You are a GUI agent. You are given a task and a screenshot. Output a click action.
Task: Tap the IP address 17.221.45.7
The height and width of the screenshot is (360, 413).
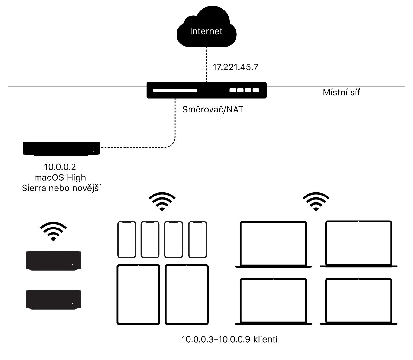(x=235, y=67)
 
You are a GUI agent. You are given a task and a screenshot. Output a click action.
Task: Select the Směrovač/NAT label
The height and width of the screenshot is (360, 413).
(x=213, y=110)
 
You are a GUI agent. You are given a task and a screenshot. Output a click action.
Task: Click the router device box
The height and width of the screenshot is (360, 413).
(x=206, y=90)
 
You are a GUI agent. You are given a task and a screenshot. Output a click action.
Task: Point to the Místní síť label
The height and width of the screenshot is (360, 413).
(x=341, y=93)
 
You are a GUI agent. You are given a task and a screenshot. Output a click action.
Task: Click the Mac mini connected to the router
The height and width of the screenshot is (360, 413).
(x=61, y=148)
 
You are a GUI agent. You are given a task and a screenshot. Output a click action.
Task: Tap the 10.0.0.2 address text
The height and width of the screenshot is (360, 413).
(x=60, y=167)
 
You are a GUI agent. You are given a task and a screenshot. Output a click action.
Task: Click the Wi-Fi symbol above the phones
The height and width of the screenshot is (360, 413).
(x=162, y=201)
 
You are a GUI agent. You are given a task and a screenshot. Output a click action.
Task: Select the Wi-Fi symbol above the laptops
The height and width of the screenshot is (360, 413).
(x=316, y=201)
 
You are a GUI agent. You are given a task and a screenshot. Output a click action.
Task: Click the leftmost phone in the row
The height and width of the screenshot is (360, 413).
(x=126, y=239)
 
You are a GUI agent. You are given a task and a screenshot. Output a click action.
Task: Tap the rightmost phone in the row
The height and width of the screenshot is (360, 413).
(x=197, y=239)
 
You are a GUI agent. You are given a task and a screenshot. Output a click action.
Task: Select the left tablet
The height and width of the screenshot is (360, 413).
(x=138, y=294)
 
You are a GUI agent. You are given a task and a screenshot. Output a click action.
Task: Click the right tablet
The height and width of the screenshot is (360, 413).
(x=187, y=294)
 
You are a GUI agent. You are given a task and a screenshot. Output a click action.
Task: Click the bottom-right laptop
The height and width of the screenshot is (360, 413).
(x=358, y=301)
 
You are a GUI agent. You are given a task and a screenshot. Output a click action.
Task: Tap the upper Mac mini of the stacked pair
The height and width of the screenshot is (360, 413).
(x=53, y=261)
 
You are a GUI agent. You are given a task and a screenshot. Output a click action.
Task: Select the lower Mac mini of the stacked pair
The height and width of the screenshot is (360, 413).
(x=53, y=299)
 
